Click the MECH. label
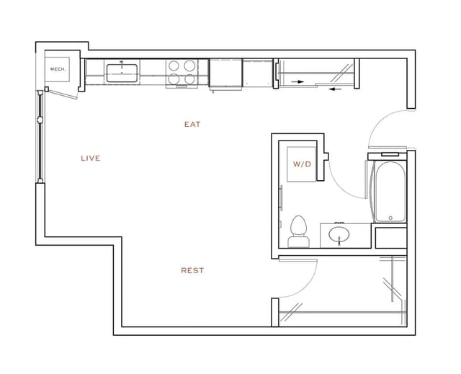click(x=57, y=69)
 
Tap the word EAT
click(x=192, y=124)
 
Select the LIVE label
click(x=91, y=158)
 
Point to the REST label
click(x=192, y=270)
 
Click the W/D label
click(x=302, y=164)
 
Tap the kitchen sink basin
click(x=122, y=72)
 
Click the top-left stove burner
click(x=174, y=65)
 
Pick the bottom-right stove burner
click(x=189, y=79)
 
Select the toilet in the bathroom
click(x=297, y=231)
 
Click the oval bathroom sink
click(x=339, y=235)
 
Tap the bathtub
click(x=390, y=190)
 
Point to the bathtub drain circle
click(x=390, y=218)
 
